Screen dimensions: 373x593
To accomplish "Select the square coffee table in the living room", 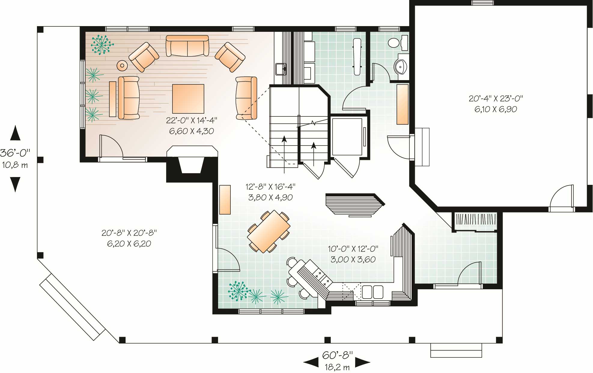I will tap(188, 99).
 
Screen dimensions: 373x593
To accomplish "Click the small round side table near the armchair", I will tap(122, 65).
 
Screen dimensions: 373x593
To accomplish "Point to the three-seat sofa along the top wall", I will tap(187, 46).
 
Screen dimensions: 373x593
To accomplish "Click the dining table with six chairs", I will tap(269, 231).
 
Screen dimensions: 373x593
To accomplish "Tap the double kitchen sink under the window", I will tap(373, 292).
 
